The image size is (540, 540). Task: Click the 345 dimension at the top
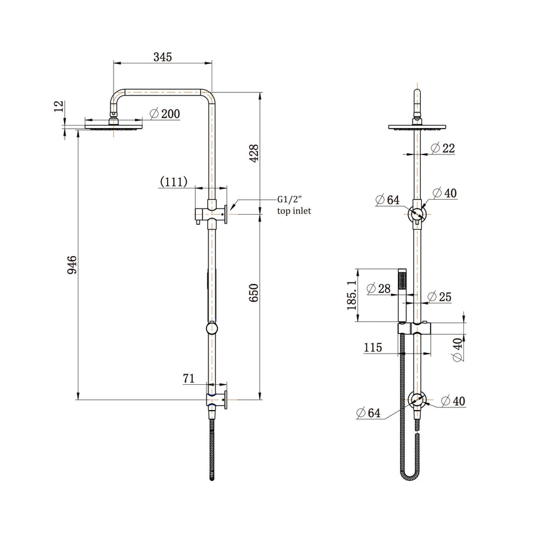(x=163, y=57)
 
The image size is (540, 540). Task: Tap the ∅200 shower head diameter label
(x=165, y=114)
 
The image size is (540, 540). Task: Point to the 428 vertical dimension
(x=254, y=153)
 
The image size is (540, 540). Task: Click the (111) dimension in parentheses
(x=174, y=182)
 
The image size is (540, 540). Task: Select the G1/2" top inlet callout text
(x=294, y=205)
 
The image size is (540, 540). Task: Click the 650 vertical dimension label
(x=254, y=293)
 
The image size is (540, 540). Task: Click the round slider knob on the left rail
(x=212, y=328)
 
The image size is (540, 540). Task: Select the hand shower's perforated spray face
(x=404, y=279)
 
